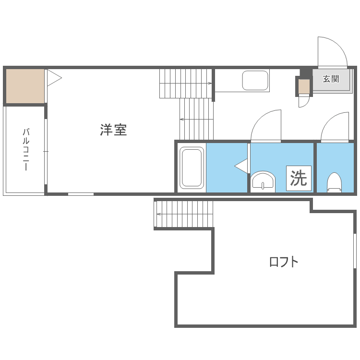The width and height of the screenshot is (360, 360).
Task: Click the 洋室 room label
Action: (113, 130)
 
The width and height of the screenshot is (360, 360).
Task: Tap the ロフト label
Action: (284, 262)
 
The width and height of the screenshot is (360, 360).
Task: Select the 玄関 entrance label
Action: (331, 79)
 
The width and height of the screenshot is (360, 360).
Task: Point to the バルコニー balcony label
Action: (26, 149)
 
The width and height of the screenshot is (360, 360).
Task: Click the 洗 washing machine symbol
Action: (299, 178)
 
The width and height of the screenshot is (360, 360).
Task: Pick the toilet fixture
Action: (334, 182)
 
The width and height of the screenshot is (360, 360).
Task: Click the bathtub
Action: (192, 168)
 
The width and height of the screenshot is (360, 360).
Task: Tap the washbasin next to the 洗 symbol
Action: (263, 181)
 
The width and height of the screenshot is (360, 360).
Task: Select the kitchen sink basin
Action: (255, 80)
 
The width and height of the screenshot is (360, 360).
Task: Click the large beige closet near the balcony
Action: (25, 86)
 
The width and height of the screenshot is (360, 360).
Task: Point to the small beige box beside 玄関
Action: (304, 86)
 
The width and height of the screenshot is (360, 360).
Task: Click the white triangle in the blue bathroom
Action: (241, 166)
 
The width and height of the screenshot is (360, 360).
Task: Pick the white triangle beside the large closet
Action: (54, 78)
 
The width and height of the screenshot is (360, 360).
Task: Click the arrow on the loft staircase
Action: (185, 214)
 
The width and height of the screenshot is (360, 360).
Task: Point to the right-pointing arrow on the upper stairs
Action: (185, 84)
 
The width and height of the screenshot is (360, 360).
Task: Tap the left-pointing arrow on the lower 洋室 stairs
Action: (196, 119)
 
